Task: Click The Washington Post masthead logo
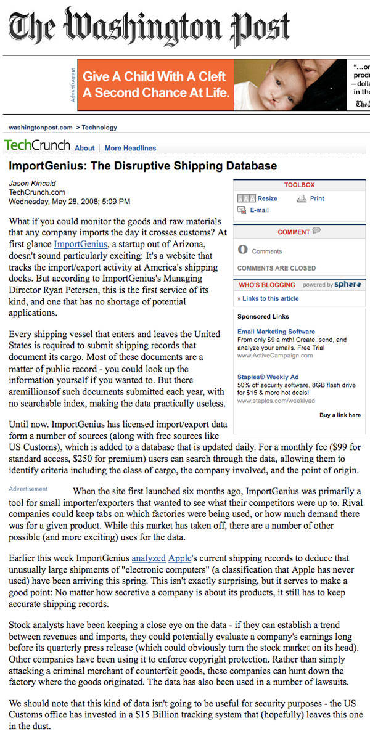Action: pyautogui.click(x=149, y=28)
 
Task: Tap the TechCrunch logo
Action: pyautogui.click(x=37, y=146)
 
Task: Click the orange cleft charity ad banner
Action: pyautogui.click(x=155, y=84)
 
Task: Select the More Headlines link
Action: pyautogui.click(x=130, y=148)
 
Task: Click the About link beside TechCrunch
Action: pyautogui.click(x=84, y=148)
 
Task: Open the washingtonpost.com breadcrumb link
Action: pyautogui.click(x=40, y=128)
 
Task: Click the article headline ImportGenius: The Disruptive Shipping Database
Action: pyautogui.click(x=142, y=166)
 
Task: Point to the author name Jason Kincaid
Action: pyautogui.click(x=32, y=183)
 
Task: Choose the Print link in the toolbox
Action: pyautogui.click(x=317, y=198)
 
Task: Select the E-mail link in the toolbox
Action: pyautogui.click(x=259, y=210)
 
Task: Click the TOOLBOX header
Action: pyautogui.click(x=299, y=185)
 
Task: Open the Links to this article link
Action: pyautogui.click(x=270, y=298)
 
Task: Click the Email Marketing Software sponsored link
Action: pyautogui.click(x=276, y=332)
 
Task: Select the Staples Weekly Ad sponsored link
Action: pyautogui.click(x=268, y=376)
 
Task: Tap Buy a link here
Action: pyautogui.click(x=340, y=415)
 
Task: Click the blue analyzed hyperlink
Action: pyautogui.click(x=149, y=558)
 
